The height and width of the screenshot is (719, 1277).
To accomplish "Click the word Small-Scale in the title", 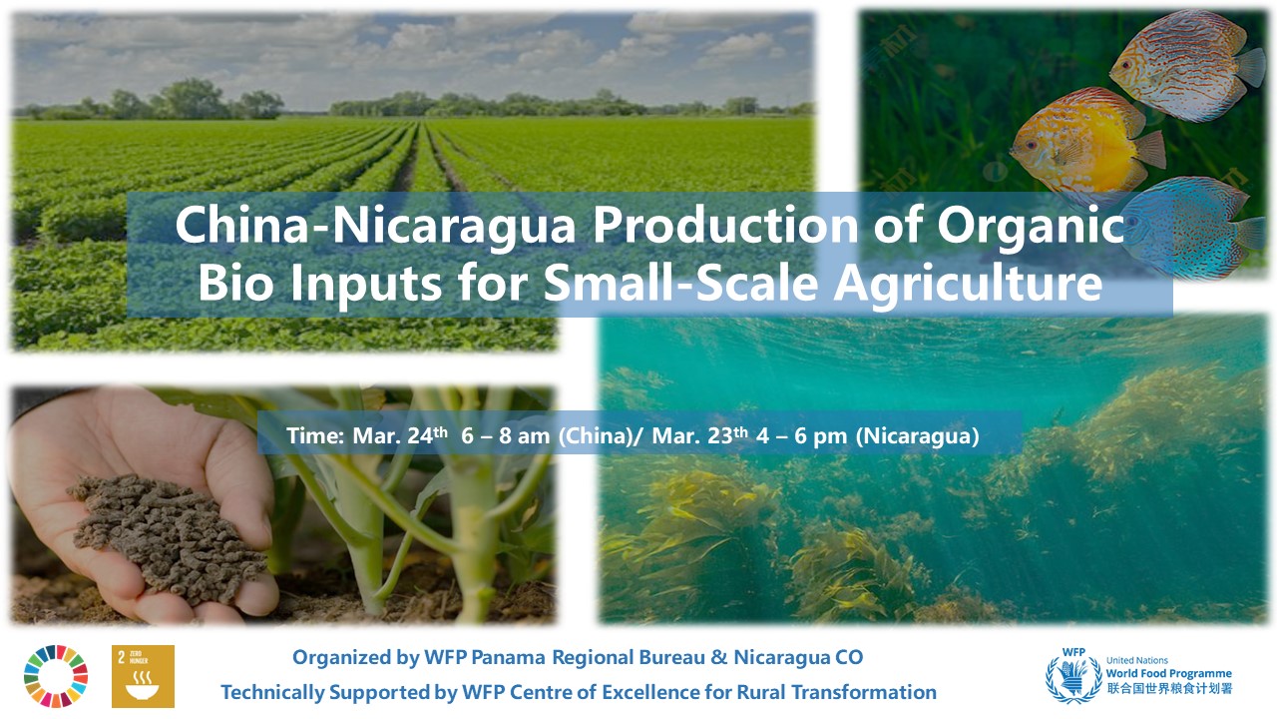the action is pos(680,283).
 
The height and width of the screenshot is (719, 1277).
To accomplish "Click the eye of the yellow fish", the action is pos(1031,146).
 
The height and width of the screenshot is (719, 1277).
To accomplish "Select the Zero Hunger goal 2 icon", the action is pos(143,676).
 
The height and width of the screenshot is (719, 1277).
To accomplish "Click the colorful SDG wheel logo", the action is pos(56,676).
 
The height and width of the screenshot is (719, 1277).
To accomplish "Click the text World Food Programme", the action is pos(1168,673).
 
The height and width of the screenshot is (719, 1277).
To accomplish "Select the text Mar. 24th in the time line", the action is pos(400,436).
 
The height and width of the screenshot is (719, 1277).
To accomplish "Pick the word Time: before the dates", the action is pos(315,436).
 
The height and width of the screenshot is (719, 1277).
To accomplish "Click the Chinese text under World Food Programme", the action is pos(1169,688).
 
